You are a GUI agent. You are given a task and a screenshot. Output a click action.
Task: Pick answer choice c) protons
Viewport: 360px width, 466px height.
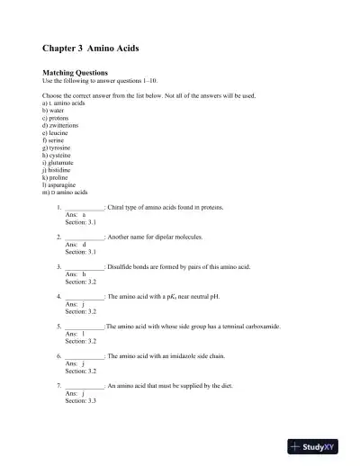pyautogui.click(x=58, y=118)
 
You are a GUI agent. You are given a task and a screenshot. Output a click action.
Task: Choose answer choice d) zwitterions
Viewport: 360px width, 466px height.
pyautogui.click(x=63, y=126)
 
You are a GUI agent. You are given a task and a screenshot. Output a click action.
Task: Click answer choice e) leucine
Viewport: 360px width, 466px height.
pyautogui.click(x=58, y=134)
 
